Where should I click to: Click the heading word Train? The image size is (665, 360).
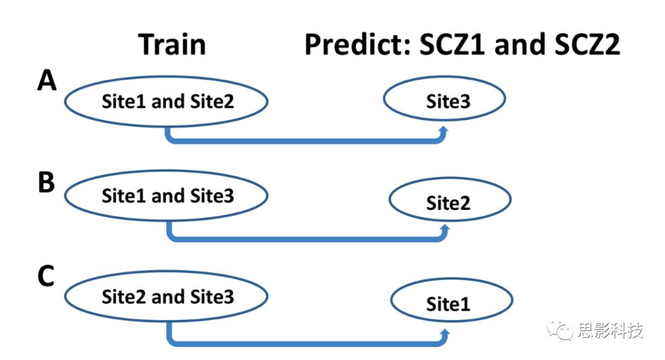point(172,46)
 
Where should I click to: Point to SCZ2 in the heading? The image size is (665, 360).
point(582,46)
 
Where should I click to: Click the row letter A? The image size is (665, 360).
point(47,80)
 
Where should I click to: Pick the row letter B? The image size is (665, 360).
point(47,183)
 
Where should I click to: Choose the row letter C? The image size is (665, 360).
point(47,278)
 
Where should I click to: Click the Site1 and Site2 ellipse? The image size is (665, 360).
point(166,102)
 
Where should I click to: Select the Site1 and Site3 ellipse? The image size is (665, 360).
point(166,196)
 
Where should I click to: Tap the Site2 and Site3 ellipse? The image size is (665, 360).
point(166,297)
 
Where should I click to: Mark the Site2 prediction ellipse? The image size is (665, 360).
point(449,202)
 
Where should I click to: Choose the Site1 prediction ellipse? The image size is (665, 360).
point(451,303)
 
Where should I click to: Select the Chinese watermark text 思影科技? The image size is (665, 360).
point(610,331)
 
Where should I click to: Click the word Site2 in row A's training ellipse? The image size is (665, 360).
point(212,102)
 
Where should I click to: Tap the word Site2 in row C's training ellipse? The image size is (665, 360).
point(123,297)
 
